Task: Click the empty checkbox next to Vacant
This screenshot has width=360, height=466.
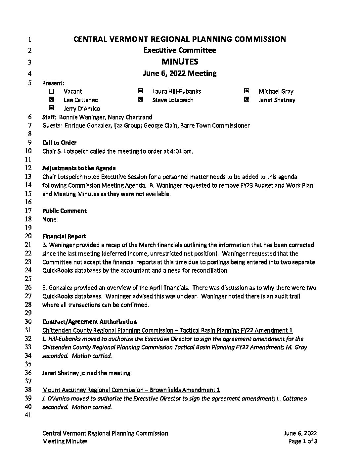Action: pos(51,91)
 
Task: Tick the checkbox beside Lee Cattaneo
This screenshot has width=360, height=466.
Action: pos(51,99)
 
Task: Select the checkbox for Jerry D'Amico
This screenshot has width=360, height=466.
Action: pos(51,108)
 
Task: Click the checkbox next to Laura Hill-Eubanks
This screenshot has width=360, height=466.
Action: pos(140,91)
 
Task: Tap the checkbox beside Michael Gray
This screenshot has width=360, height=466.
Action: pos(247,91)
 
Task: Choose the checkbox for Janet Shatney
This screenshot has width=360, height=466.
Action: pos(247,99)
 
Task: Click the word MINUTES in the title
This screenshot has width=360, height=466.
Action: pos(180,62)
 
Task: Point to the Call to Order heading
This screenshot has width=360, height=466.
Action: pos(59,143)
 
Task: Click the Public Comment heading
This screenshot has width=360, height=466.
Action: pos(64,211)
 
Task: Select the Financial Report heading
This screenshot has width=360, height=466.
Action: pos(64,236)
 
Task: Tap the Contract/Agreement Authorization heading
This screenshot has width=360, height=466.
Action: pos(89,322)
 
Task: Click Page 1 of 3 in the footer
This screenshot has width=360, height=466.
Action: pos(303,441)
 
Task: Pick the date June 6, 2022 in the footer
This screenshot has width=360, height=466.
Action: pos(300,433)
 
